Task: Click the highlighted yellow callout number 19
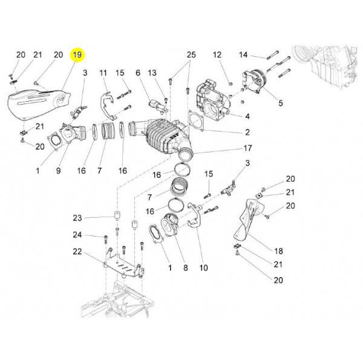(x=77, y=55)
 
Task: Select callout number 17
(x=247, y=148)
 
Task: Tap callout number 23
(x=77, y=218)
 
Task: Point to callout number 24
(x=77, y=235)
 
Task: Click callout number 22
(x=77, y=252)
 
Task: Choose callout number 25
(x=191, y=55)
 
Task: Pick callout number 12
(x=217, y=55)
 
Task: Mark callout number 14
(x=243, y=55)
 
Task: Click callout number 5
(x=281, y=103)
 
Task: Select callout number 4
(x=247, y=116)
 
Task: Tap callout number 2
(x=247, y=132)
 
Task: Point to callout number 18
(x=278, y=251)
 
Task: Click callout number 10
(x=203, y=268)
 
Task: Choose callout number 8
(x=186, y=268)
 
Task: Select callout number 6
(x=138, y=73)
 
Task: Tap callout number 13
(x=152, y=73)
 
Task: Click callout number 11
(x=103, y=73)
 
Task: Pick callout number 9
(x=58, y=171)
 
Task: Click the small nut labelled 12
(x=230, y=83)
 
